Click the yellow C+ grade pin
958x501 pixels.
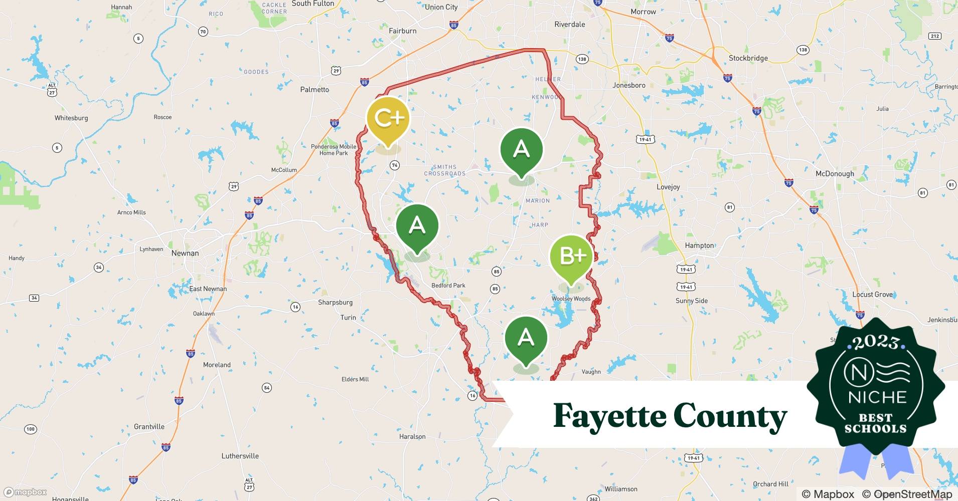point(388,118)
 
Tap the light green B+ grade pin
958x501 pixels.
point(571,256)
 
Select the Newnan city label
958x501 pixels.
point(185,253)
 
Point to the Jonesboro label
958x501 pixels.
point(629,85)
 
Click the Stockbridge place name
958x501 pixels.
point(748,58)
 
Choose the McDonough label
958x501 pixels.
point(835,174)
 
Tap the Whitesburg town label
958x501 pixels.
point(71,118)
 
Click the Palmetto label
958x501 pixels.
point(314,90)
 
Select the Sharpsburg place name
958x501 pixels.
point(335,303)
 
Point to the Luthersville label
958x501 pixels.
point(240,456)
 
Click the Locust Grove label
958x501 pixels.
point(872,295)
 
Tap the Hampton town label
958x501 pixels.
point(699,245)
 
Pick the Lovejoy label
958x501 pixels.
point(668,187)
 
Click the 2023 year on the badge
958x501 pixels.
point(876,342)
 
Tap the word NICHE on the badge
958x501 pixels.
point(877,397)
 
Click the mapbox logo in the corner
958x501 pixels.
point(25,492)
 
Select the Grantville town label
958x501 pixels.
point(149,427)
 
